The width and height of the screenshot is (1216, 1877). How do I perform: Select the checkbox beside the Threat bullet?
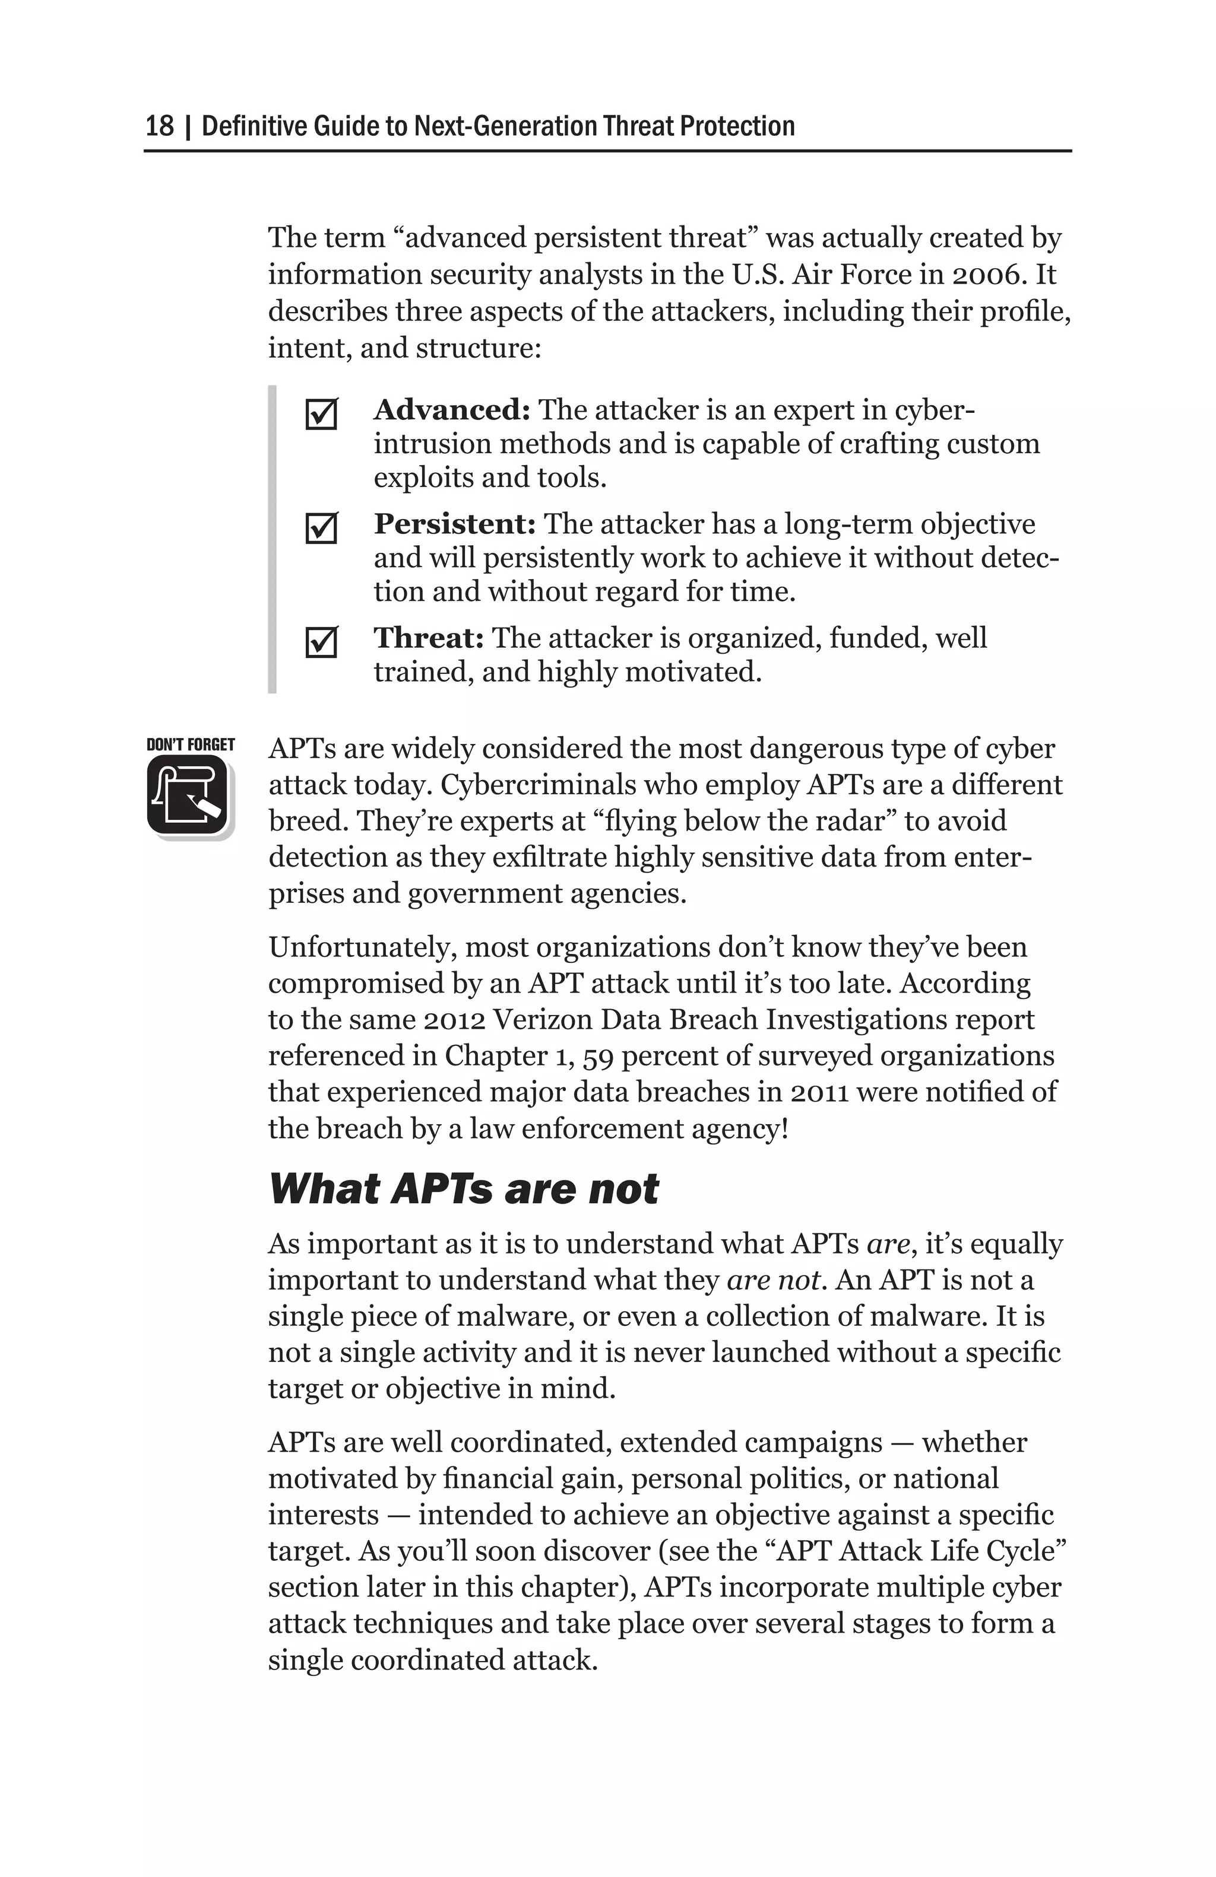321,642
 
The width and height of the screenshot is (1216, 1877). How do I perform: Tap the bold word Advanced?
451,410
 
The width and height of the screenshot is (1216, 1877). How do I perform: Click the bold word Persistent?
455,524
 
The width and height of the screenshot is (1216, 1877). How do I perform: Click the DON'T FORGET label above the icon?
190,745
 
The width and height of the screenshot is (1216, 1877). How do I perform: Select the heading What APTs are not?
463,1189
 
